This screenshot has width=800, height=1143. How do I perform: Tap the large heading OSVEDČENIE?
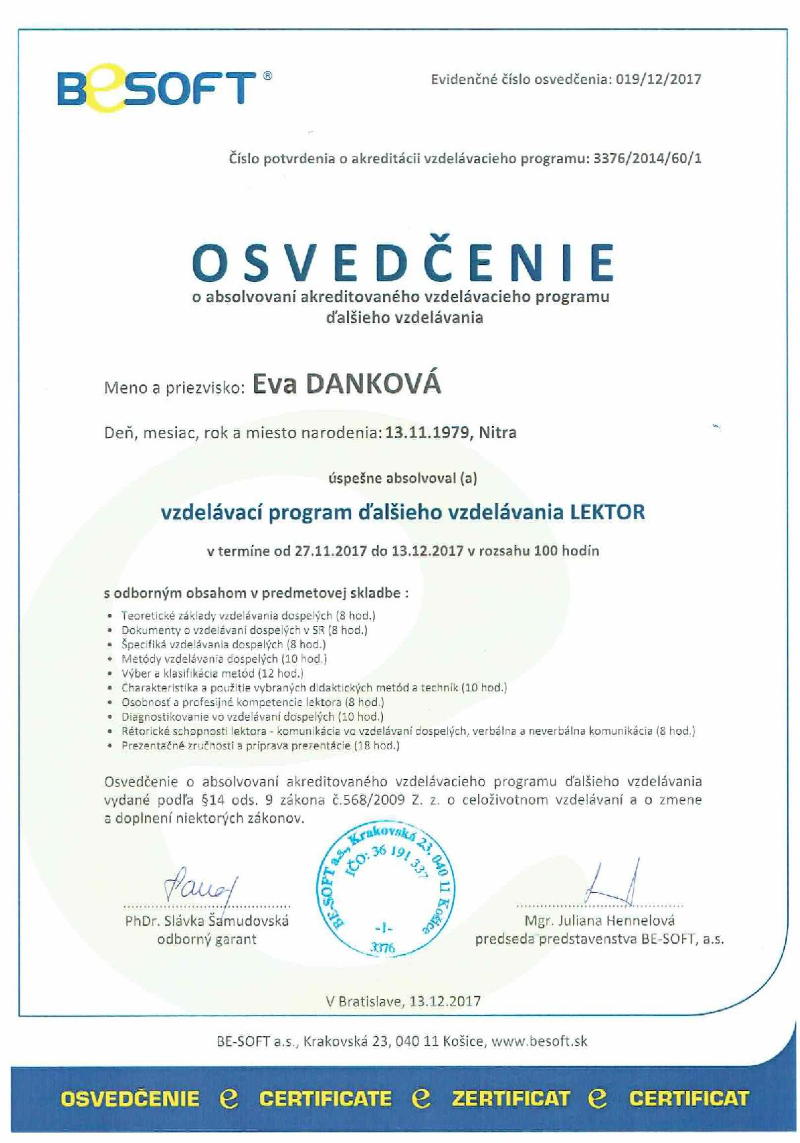click(x=403, y=261)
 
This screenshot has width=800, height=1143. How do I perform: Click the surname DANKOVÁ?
click(x=374, y=384)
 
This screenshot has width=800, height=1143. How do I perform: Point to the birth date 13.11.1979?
click(x=428, y=433)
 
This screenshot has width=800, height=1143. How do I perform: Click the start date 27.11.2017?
click(x=330, y=551)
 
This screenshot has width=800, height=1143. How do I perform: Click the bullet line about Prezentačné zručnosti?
click(x=261, y=745)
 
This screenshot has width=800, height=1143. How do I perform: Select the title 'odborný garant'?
click(x=207, y=939)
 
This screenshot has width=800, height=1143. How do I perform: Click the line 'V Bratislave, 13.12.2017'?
click(x=403, y=1001)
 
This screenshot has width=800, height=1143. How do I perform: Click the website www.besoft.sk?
click(x=539, y=1041)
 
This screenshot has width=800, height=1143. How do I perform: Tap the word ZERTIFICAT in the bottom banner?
click(x=511, y=1098)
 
